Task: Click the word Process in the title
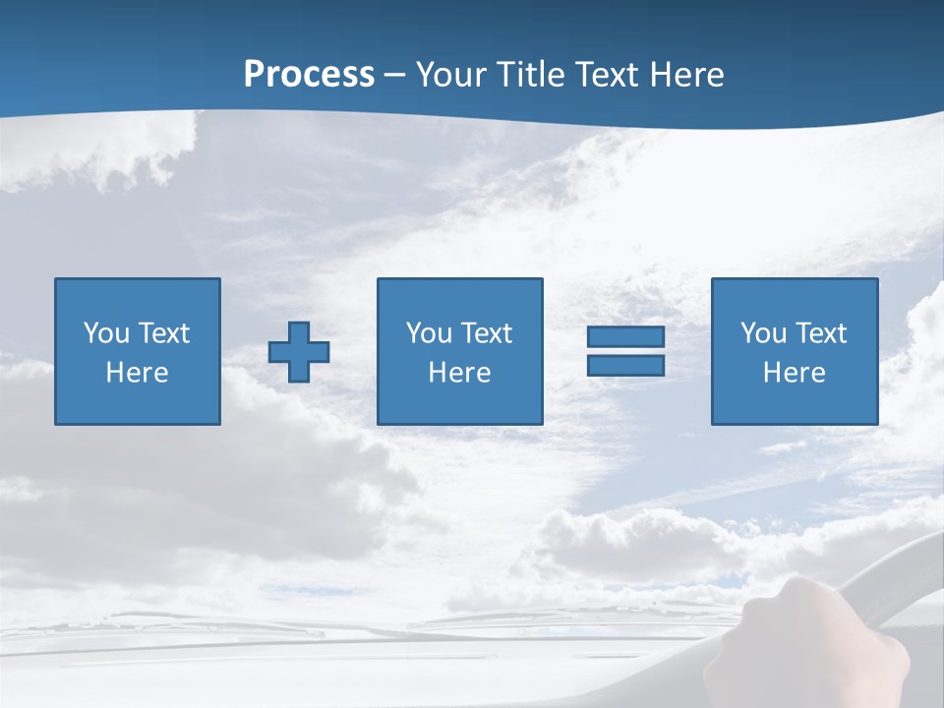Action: pos(309,75)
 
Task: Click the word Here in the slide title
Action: pos(689,75)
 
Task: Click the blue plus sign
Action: pos(299,352)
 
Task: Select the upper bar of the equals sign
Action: pos(625,336)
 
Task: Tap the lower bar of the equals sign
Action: pos(625,366)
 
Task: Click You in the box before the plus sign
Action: pos(106,333)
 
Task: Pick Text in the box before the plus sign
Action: pos(162,333)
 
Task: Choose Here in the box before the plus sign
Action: pos(137,373)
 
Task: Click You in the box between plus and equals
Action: pos(429,333)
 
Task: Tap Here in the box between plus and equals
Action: pos(459,373)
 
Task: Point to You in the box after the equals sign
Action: pos(763,333)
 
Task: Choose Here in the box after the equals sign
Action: pos(794,373)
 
